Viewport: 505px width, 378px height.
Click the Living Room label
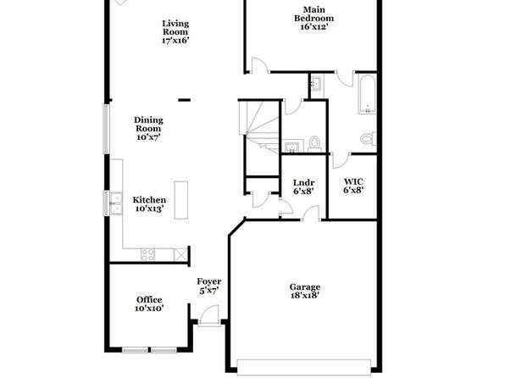[x=175, y=28]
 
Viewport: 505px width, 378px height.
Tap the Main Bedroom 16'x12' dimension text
[x=314, y=27]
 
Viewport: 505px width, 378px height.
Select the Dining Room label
[x=148, y=124]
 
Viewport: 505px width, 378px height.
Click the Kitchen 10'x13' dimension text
[x=149, y=208]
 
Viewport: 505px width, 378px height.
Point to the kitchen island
[x=181, y=200]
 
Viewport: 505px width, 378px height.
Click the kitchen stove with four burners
[x=147, y=254]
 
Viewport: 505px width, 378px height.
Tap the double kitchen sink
[x=116, y=203]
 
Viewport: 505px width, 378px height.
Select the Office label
[x=149, y=300]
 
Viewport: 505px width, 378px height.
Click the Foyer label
[x=209, y=281]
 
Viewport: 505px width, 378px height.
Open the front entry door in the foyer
[x=209, y=314]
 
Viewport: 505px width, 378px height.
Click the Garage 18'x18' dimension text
[x=305, y=296]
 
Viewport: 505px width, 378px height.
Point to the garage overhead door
[x=304, y=367]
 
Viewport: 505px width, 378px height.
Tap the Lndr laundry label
[x=303, y=183]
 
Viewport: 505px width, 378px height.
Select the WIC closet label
[x=353, y=181]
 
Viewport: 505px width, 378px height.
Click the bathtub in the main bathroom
[x=367, y=94]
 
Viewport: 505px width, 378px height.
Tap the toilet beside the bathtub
[x=368, y=138]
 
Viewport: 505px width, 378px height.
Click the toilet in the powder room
[x=314, y=143]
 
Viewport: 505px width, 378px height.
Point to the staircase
[x=258, y=127]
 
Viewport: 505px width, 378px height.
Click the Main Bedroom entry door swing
[x=259, y=65]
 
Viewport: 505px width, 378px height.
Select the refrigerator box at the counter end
[x=180, y=254]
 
